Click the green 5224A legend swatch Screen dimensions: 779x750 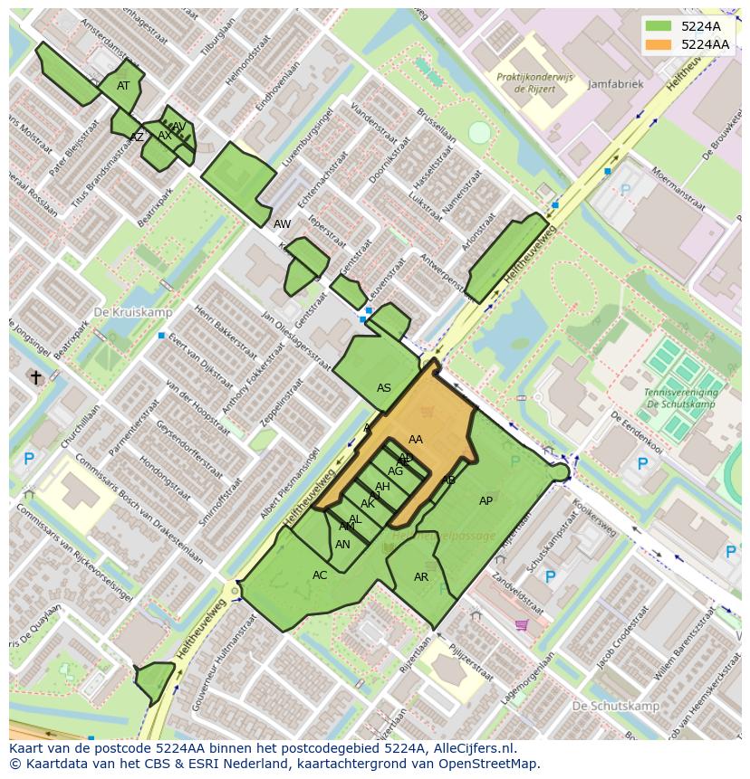click(658, 26)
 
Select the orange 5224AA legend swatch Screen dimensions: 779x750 click(658, 44)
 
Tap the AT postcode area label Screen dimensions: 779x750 click(123, 86)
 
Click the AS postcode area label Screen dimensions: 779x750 click(384, 388)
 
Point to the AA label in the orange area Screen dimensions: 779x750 click(416, 440)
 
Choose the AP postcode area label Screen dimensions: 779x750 click(486, 501)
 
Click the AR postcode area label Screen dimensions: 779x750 click(421, 577)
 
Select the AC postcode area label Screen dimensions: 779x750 click(320, 575)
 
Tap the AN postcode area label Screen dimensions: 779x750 click(342, 545)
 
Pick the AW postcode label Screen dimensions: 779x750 click(283, 223)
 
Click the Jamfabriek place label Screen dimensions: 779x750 click(615, 84)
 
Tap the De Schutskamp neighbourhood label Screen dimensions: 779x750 click(613, 705)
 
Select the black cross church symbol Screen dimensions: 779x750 click(36, 376)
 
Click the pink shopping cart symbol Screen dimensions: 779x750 click(521, 624)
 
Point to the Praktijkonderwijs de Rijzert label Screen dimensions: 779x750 click(534, 83)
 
